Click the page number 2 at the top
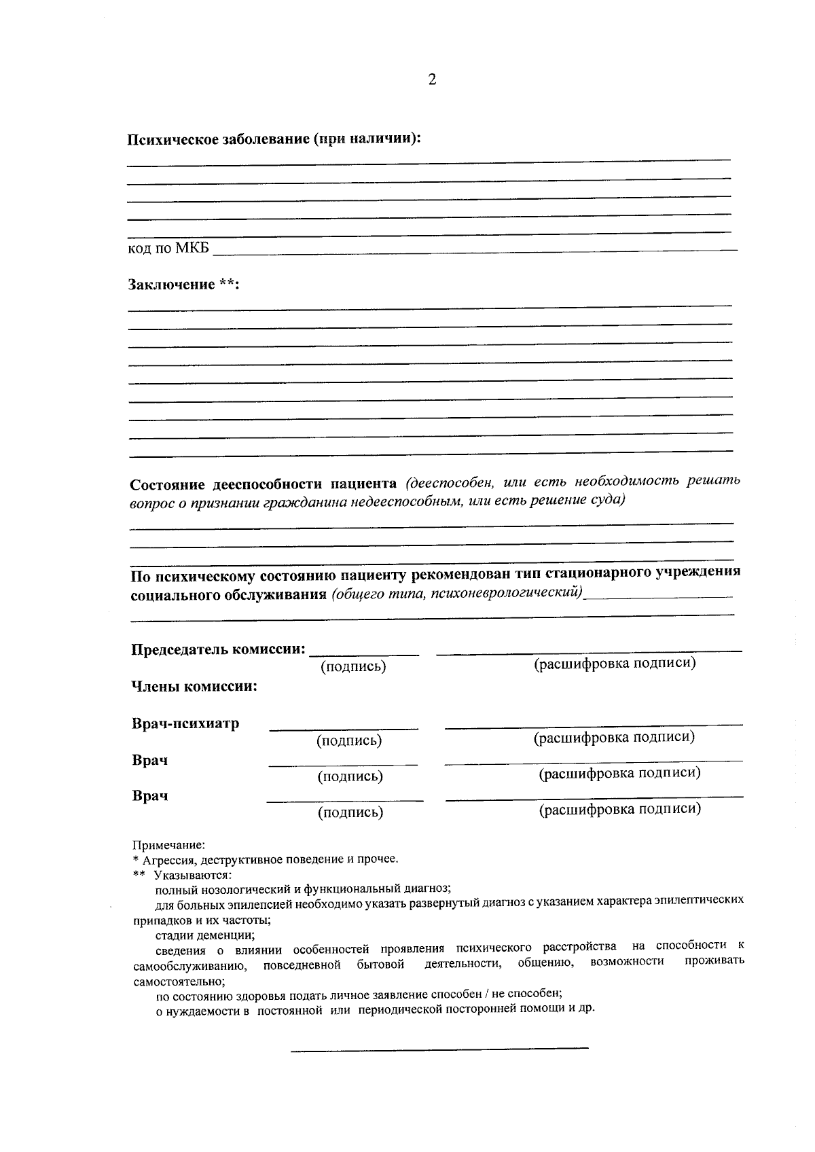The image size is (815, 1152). point(432,81)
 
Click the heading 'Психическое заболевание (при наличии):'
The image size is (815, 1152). point(274,139)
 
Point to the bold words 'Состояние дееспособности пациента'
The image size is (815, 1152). point(264,484)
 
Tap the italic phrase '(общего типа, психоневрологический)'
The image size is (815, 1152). point(458,594)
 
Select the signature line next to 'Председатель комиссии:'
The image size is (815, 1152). point(364,654)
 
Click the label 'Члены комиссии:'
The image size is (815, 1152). point(194,687)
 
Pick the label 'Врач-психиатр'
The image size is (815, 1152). point(185,723)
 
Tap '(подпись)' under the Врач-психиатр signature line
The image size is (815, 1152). point(349,741)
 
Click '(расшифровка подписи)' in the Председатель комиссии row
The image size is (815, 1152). point(615,664)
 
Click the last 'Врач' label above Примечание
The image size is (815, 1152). point(150,796)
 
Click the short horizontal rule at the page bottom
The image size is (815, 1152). point(439,1050)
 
